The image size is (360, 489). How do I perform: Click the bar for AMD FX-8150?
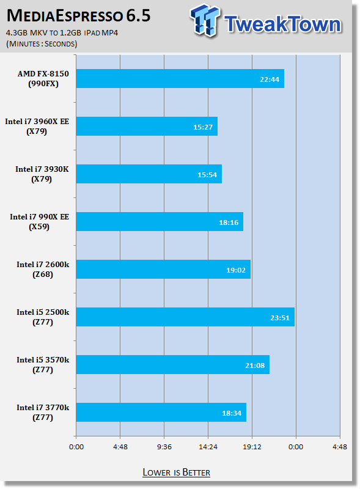tap(180, 79)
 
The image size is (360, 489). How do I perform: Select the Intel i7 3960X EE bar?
tap(147, 127)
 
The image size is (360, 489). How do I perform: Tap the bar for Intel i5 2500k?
tap(185, 317)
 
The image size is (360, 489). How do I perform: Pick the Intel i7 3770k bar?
tap(161, 412)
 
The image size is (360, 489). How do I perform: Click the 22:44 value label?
tap(270, 79)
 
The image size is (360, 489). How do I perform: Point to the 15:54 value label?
tap(207, 175)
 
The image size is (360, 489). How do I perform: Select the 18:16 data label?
tap(229, 222)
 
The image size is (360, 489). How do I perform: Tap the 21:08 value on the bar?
tap(255, 366)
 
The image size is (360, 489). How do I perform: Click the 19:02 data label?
tap(236, 270)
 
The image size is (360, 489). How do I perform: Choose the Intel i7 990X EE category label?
tap(39, 221)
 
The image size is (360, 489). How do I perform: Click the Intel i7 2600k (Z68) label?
tap(43, 269)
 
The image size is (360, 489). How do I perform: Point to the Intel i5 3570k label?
tap(43, 364)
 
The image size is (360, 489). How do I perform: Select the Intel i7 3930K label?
tap(42, 174)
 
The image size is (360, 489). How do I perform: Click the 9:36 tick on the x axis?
tap(164, 447)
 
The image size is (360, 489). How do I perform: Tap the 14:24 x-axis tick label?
tap(208, 447)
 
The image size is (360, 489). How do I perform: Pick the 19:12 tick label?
tap(252, 447)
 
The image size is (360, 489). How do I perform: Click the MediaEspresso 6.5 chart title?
tap(79, 16)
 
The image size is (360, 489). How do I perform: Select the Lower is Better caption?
tap(176, 472)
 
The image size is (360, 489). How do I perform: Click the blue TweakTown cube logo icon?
tap(205, 20)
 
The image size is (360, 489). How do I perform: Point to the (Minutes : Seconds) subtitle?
tap(42, 43)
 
